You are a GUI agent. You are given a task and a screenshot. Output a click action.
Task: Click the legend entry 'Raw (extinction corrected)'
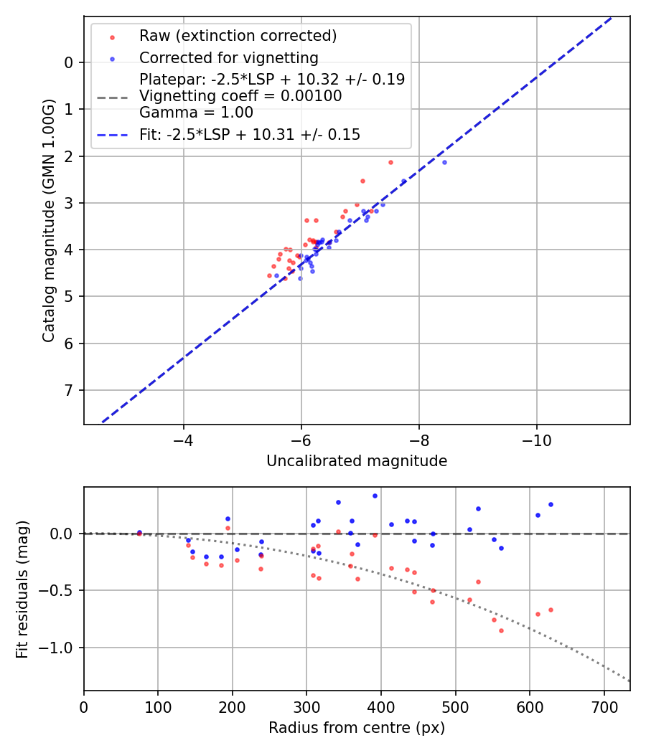[x=238, y=36]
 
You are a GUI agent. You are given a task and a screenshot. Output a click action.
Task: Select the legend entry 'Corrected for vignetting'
[x=228, y=57]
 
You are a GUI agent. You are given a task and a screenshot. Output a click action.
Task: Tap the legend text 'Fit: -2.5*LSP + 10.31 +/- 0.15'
[x=250, y=134]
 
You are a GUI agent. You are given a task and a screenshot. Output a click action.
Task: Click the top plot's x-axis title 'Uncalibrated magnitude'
[x=357, y=461]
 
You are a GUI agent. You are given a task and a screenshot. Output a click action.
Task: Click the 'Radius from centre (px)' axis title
[x=357, y=728]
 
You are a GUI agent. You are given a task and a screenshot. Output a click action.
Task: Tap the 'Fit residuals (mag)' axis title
[x=22, y=589]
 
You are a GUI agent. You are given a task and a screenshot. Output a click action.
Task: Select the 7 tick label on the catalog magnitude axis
[x=69, y=390]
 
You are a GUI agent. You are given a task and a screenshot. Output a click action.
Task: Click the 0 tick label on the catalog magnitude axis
[x=69, y=62]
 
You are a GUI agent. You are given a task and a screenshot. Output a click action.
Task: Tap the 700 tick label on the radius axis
[x=604, y=707]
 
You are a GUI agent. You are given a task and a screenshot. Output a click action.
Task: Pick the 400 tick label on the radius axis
[x=381, y=707]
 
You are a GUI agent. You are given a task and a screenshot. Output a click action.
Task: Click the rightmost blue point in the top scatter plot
[x=444, y=162]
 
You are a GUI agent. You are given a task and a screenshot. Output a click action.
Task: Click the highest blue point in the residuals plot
[x=375, y=496]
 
